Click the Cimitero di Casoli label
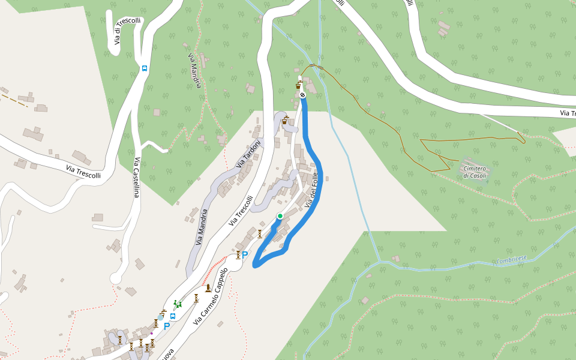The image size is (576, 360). pos(474,172)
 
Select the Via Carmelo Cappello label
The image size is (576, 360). pos(211,297)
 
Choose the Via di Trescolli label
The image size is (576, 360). pos(126,32)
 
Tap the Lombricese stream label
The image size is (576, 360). pos(511,259)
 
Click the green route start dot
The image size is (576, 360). pos(280,216)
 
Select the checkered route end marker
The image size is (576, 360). pos(303,94)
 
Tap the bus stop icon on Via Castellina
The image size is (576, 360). pos(145,68)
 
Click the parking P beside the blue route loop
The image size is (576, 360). pos(245,255)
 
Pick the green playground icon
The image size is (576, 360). pos(176,304)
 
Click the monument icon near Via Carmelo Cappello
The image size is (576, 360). pos(208,289)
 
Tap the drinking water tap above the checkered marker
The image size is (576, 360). pos(298,85)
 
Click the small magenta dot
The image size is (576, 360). pos(152,333)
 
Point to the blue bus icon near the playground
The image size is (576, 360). pos(173,316)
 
